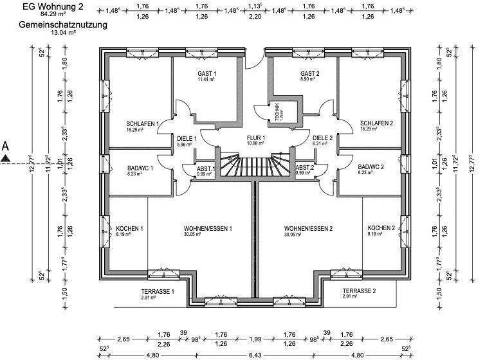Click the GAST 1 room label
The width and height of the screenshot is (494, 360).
pos(206,74)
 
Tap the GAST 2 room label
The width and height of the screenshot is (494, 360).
pos(309,74)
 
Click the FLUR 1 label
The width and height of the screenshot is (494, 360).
pos(255,138)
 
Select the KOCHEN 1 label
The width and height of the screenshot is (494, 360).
pos(129,229)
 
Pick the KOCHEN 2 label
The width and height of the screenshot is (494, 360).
pos(381,229)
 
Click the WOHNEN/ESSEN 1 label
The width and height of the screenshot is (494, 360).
pos(207,229)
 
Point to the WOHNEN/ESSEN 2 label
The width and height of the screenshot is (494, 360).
pos(308,229)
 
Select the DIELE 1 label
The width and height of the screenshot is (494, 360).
pos(187,138)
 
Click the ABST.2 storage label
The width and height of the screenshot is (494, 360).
pos(304,168)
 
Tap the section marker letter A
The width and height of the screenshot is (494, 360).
pos(5,146)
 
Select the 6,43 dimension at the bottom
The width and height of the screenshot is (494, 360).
pos(256,354)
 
